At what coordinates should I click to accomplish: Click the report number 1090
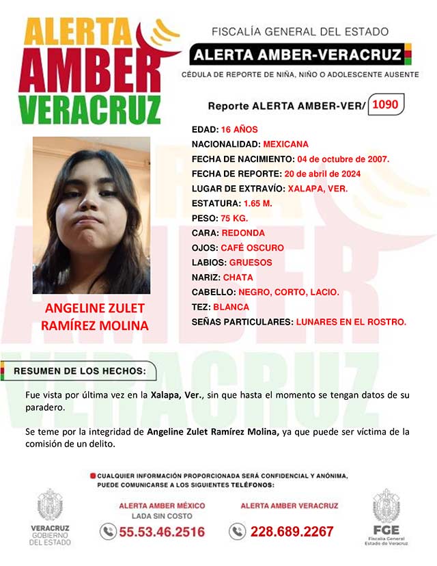386,105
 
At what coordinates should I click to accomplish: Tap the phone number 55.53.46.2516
162,531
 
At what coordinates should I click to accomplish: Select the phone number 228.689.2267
292,531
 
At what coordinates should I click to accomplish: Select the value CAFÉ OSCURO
252,247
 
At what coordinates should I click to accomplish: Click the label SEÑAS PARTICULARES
242,321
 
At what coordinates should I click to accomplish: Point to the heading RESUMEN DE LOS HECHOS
80,371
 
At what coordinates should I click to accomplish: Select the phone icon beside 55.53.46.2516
108,531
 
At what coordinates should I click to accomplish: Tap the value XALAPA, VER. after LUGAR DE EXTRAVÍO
318,189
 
